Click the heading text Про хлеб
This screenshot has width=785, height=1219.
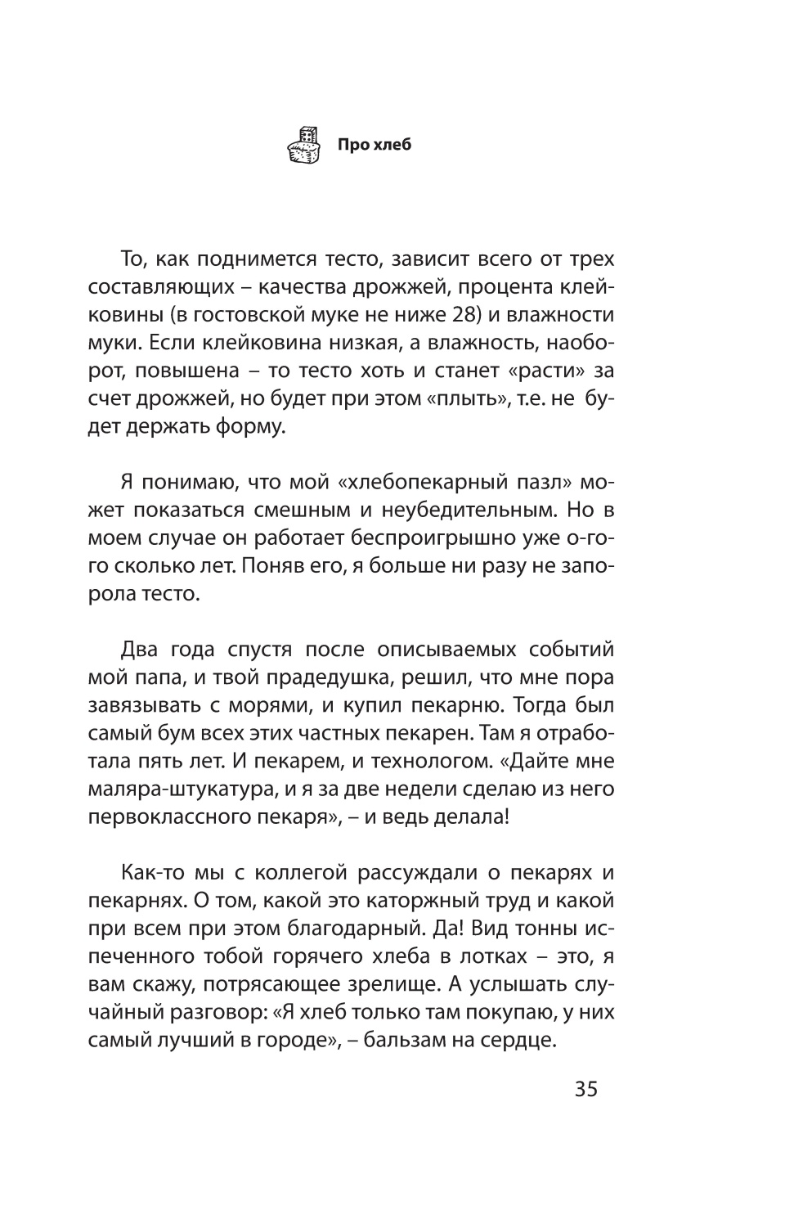coord(375,146)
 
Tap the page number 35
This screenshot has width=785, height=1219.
coord(586,1090)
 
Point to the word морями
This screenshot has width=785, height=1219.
coord(305,706)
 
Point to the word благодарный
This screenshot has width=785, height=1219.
coord(339,929)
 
